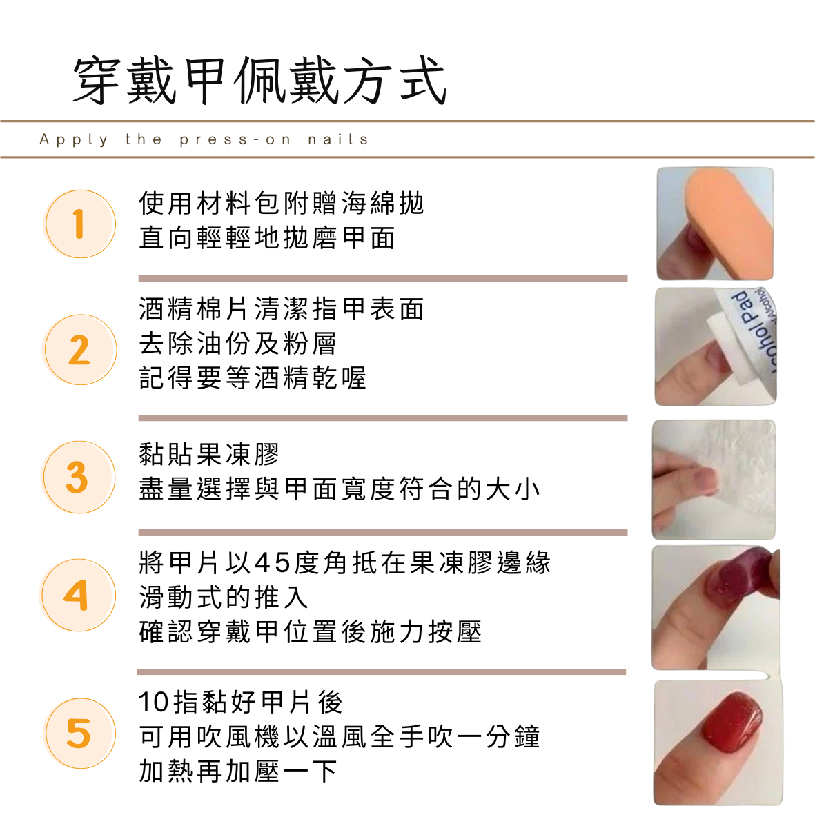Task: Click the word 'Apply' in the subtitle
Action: pos(74,140)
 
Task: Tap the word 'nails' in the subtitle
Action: pos(338,139)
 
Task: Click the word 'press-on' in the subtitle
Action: pos(235,140)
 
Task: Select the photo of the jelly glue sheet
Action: pos(714,479)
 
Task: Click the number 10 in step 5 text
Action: pos(154,702)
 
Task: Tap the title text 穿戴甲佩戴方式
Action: pos(259,81)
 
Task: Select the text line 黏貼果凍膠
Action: pos(210,454)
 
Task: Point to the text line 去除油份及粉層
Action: pos(237,343)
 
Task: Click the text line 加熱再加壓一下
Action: pos(238,771)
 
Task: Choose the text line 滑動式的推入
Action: pos(224,597)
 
